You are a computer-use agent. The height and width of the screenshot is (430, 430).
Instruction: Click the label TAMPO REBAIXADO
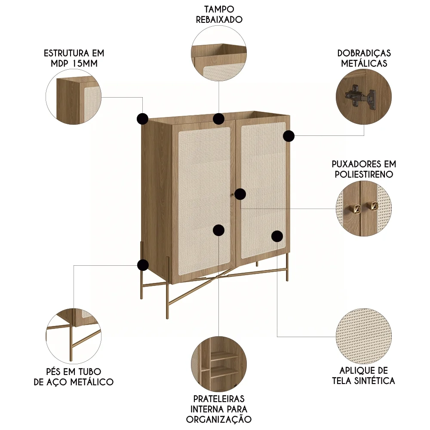pos(219,14)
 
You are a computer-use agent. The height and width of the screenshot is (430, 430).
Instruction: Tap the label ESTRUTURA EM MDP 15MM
pos(74,58)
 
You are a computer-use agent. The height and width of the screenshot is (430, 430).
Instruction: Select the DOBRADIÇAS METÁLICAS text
pos(364,58)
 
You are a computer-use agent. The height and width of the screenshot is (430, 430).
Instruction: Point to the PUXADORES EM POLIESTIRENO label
pos(364,169)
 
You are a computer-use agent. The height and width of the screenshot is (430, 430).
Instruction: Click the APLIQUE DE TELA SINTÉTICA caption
pos(364,375)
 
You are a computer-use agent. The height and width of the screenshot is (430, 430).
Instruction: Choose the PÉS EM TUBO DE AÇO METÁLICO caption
pos(74,376)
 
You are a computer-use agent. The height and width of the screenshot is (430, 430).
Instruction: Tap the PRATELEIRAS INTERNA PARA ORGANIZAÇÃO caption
pos(219,408)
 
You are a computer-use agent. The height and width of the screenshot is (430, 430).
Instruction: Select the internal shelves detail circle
pos(219,364)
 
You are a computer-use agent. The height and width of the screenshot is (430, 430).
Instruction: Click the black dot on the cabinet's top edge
pos(219,118)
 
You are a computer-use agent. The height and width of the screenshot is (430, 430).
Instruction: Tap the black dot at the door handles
pos(240,194)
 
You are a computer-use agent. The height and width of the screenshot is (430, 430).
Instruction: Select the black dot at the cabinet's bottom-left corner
pos(143,265)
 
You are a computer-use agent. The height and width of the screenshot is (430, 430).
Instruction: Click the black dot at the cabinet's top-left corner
pos(142,119)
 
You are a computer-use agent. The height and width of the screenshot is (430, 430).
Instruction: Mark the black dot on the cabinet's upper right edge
pos(289,136)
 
